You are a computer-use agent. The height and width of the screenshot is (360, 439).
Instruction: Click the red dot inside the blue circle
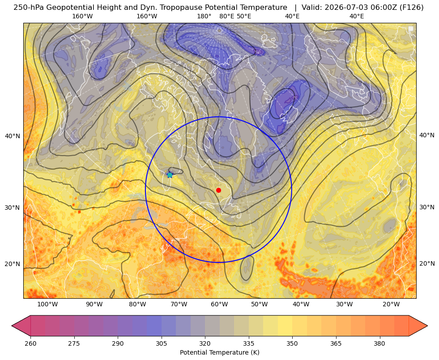pyautogui.click(x=219, y=190)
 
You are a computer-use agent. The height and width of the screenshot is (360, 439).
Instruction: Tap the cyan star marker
pyautogui.click(x=170, y=175)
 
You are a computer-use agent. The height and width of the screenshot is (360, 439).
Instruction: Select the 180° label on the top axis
pyautogui.click(x=204, y=16)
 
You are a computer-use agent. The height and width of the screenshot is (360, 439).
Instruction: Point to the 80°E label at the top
pyautogui.click(x=226, y=16)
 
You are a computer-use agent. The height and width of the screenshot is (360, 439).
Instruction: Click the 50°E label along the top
pyautogui.click(x=244, y=16)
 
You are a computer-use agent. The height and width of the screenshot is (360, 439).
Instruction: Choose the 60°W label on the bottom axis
pyautogui.click(x=219, y=305)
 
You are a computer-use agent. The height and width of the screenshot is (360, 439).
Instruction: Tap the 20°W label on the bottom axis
pyautogui.click(x=391, y=305)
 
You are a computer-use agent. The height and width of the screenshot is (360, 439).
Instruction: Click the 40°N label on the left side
pyautogui.click(x=13, y=136)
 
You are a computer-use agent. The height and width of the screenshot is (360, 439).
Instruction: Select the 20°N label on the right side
pyautogui.click(x=427, y=263)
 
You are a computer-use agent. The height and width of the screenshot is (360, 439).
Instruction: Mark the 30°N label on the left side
pyautogui.click(x=13, y=208)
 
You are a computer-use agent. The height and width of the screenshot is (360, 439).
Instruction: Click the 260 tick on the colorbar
pyautogui.click(x=30, y=343)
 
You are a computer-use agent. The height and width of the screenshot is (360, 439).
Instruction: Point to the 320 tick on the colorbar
pyautogui.click(x=205, y=343)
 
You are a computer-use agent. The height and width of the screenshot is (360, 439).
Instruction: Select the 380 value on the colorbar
pyautogui.click(x=379, y=343)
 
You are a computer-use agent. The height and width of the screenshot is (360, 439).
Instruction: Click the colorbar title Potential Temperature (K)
pyautogui.click(x=219, y=352)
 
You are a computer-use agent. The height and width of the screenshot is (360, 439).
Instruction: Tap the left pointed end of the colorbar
pyautogui.click(x=12, y=326)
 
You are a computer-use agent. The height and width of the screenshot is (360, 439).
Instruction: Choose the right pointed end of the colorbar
pyautogui.click(x=427, y=326)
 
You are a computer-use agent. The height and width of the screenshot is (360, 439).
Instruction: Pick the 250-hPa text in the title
pyautogui.click(x=29, y=8)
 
